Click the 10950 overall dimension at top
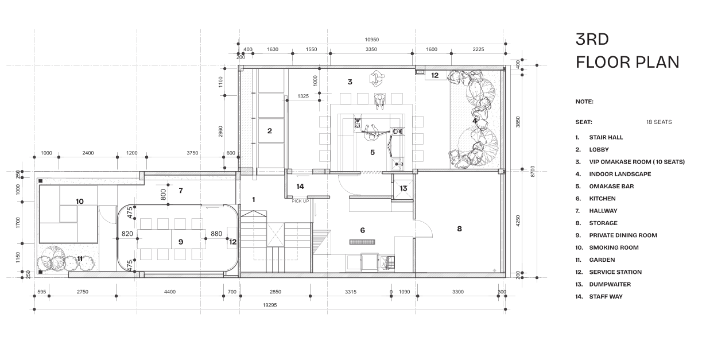371,40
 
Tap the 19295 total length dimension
270,305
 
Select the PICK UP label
300,201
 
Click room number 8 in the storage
460,229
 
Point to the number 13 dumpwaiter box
403,188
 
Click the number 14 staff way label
300,187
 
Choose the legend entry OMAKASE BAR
611,186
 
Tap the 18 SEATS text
659,122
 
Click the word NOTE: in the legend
584,102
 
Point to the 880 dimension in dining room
216,234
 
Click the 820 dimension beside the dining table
127,234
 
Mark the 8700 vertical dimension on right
533,172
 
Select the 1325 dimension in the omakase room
303,96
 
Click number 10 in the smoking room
80,202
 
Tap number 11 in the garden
80,259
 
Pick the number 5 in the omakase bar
373,153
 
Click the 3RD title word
592,40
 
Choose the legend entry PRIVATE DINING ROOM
623,235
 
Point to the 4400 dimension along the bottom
170,292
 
